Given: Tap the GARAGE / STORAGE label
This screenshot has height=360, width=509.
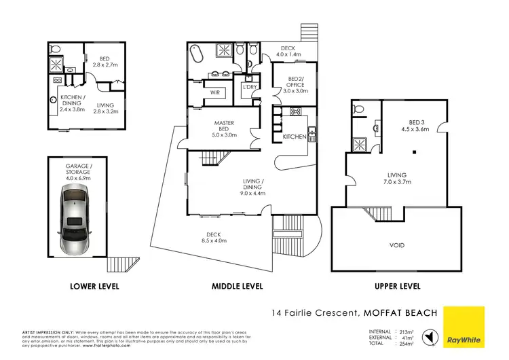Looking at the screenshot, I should point(76,170).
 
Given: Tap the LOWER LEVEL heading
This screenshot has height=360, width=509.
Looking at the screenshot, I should point(95,287).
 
